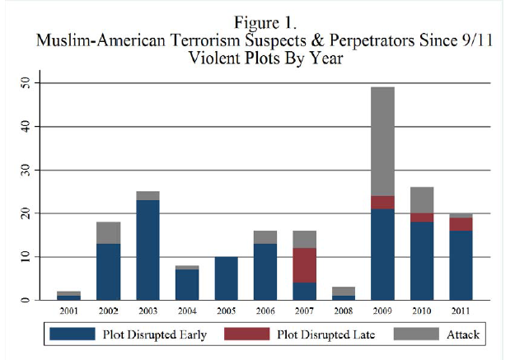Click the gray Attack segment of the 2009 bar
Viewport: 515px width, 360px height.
(382, 141)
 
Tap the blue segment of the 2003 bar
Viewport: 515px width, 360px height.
(148, 250)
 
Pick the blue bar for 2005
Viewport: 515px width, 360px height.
(226, 278)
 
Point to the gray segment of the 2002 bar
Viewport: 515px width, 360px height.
(109, 232)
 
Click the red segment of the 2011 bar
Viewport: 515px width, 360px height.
(461, 224)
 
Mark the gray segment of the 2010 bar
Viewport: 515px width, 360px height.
(422, 200)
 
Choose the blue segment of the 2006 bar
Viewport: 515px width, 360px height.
(265, 272)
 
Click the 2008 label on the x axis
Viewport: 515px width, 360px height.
(343, 311)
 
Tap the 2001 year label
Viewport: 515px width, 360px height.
(68, 311)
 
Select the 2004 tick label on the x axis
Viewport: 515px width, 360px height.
(187, 311)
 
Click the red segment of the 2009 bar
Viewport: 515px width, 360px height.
(382, 202)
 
